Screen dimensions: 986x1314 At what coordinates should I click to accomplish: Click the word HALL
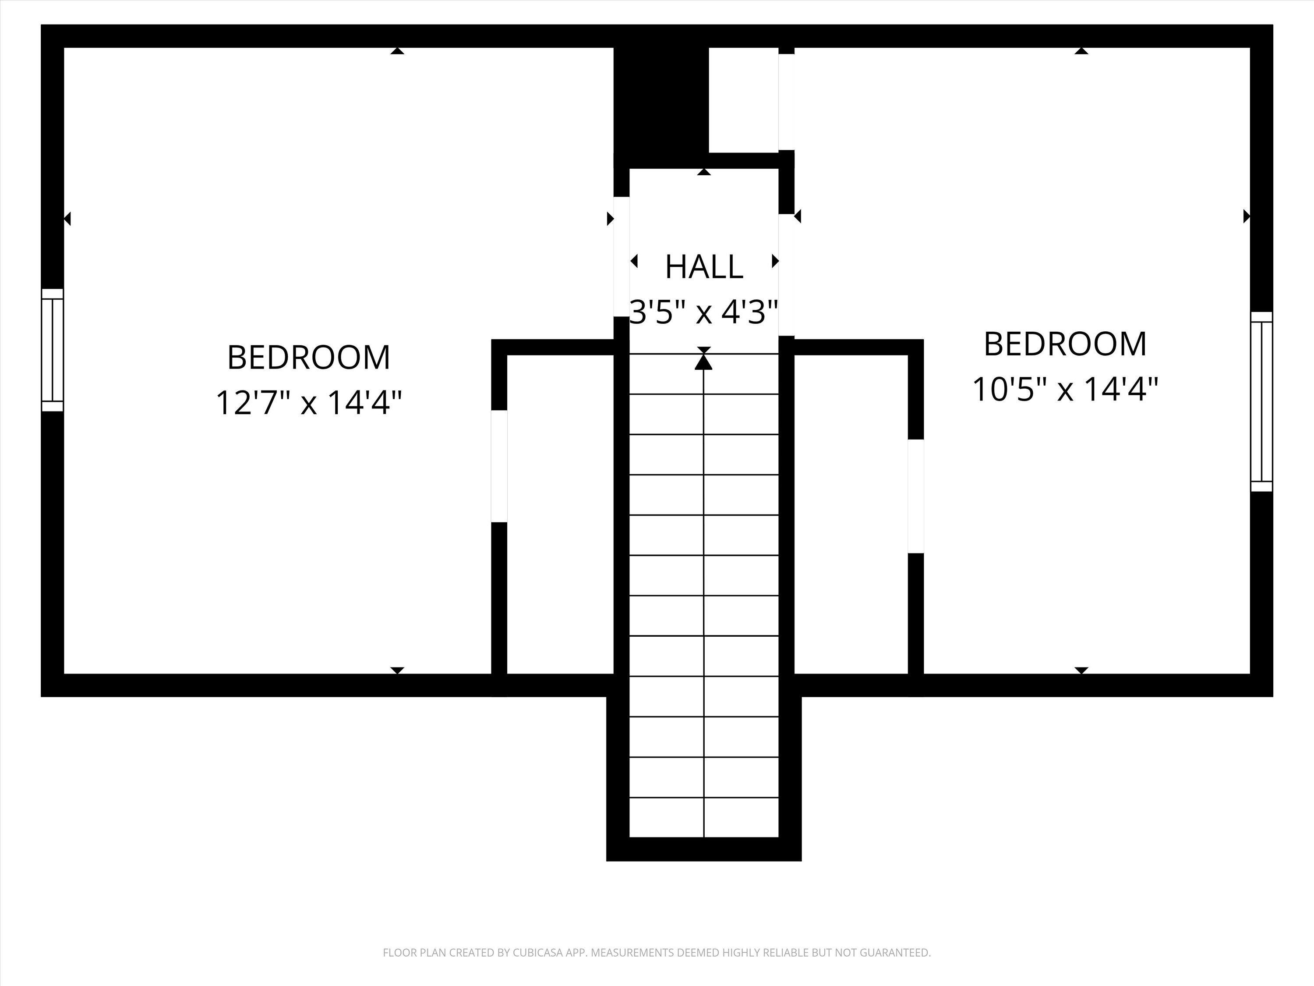click(x=704, y=267)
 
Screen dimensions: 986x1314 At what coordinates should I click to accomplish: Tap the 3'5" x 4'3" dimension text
click(x=704, y=312)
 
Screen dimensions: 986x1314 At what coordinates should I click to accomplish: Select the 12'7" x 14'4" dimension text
click(x=308, y=402)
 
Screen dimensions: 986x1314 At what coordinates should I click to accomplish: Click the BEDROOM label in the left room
click(x=308, y=357)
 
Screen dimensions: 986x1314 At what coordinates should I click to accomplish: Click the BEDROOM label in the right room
click(x=1065, y=344)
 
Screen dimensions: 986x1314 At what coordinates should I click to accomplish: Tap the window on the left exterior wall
click(x=52, y=350)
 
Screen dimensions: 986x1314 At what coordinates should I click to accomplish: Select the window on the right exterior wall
click(x=1261, y=402)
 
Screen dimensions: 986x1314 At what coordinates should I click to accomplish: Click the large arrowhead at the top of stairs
click(x=704, y=361)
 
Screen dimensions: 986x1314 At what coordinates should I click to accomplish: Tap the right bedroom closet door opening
click(x=916, y=496)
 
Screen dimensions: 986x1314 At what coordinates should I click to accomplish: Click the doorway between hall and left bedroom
click(x=622, y=257)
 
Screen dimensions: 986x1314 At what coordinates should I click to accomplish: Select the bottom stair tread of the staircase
click(x=704, y=817)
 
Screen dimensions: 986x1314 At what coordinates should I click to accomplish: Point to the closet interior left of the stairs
click(x=560, y=514)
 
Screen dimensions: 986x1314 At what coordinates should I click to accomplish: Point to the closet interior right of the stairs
click(x=851, y=514)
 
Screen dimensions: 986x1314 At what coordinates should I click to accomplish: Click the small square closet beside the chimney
click(x=744, y=99)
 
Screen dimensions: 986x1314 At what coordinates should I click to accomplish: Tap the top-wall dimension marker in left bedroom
click(x=397, y=51)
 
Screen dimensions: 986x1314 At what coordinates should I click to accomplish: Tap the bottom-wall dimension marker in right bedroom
click(x=1081, y=670)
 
